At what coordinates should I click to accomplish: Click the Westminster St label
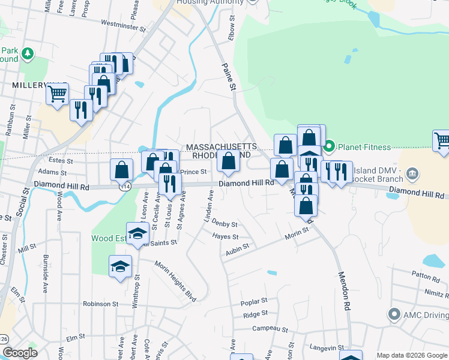coord(124,26)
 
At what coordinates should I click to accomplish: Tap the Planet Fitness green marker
coord(329,146)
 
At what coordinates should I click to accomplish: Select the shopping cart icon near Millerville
coord(57,94)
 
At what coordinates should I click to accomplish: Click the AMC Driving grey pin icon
coord(394,314)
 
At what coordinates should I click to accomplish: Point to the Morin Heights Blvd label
coord(175,281)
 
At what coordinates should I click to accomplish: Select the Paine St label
coord(229,77)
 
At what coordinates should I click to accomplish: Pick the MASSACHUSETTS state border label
coord(221,147)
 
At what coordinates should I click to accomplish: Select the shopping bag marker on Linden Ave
coord(229,161)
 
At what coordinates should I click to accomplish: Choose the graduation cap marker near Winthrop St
coord(120,265)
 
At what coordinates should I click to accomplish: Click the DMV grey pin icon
coord(412,175)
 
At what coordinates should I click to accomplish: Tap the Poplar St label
coord(253,301)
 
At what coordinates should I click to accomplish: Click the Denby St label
coord(225,224)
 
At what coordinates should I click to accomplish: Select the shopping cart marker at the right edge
coord(442,140)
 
